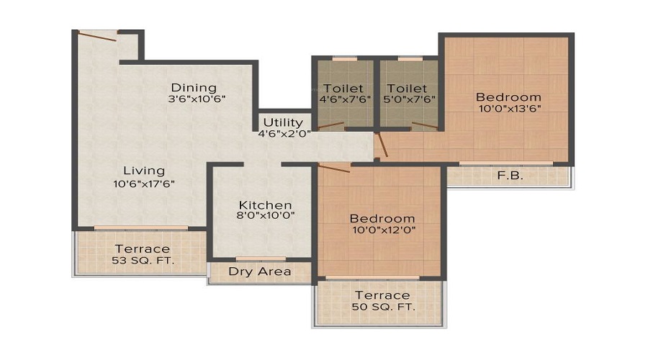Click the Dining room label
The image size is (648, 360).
pyautogui.click(x=193, y=88)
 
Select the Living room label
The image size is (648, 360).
pyautogui.click(x=143, y=171)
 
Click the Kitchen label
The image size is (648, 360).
pyautogui.click(x=266, y=205)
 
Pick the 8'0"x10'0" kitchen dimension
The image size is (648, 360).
pyautogui.click(x=266, y=215)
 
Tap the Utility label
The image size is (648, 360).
pyautogui.click(x=283, y=122)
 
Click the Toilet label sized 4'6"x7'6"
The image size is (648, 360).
pyautogui.click(x=343, y=89)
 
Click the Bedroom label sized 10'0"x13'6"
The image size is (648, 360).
pyautogui.click(x=508, y=97)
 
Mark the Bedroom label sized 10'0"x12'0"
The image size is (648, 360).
pyautogui.click(x=382, y=219)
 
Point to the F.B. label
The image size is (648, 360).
pyautogui.click(x=510, y=175)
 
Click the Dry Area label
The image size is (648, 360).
pyautogui.click(x=259, y=271)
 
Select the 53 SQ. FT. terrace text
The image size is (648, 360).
pyautogui.click(x=143, y=260)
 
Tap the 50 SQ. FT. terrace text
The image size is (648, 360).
pyautogui.click(x=382, y=307)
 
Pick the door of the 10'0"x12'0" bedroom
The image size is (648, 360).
pyautogui.click(x=333, y=168)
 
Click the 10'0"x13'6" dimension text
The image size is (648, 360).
pyautogui.click(x=508, y=109)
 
